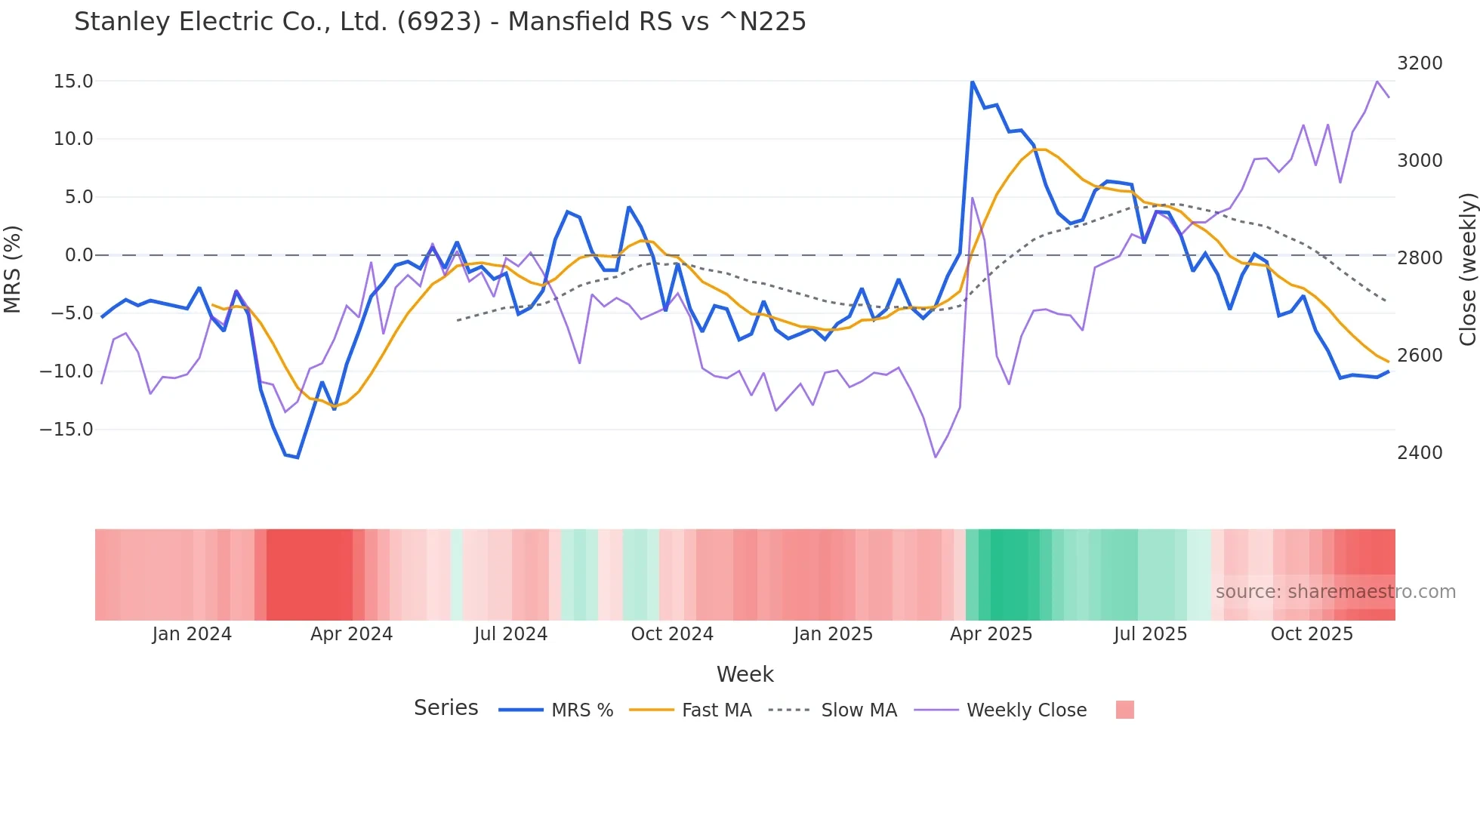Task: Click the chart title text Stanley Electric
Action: pos(439,22)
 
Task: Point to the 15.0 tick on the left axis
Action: pos(73,82)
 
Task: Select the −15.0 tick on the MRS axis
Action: pos(66,430)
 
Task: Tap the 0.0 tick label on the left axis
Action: pos(79,255)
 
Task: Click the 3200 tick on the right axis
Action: pos(1420,63)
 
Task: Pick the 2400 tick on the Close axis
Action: pos(1420,453)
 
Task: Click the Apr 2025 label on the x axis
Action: pos(991,634)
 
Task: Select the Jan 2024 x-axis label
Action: pos(192,634)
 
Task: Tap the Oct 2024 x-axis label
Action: pos(672,634)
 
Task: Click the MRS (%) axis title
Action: pos(13,269)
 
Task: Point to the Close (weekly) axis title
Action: pos(1467,269)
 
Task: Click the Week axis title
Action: pos(745,674)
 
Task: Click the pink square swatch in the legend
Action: pos(1124,710)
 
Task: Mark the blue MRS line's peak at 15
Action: pos(972,82)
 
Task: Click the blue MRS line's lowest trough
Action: pos(298,458)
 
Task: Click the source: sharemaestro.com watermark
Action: pos(1335,592)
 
